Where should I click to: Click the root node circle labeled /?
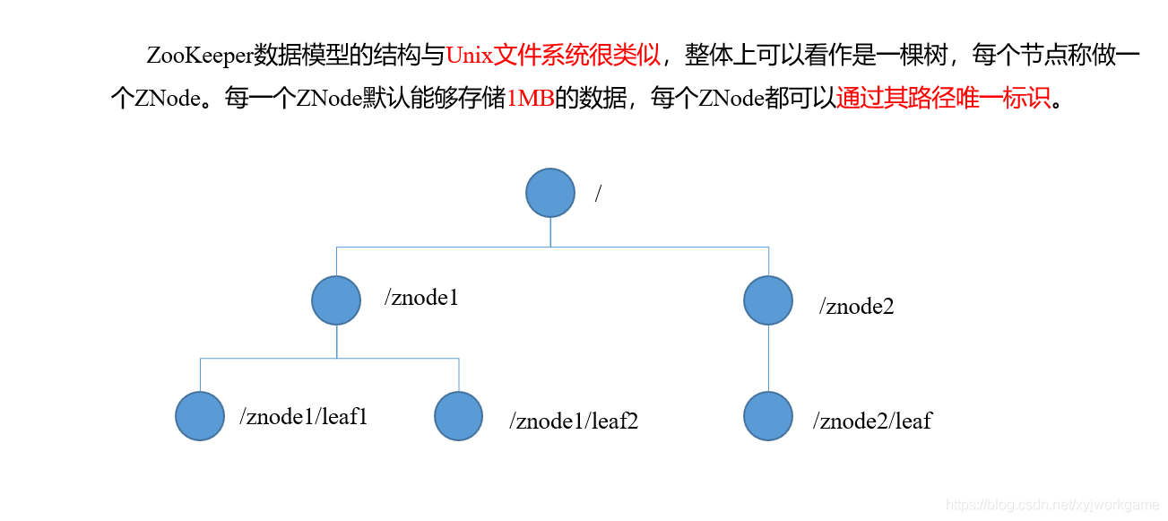[x=549, y=193]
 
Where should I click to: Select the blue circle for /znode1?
[x=336, y=300]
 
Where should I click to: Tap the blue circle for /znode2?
[x=768, y=300]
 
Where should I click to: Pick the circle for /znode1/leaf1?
[x=200, y=416]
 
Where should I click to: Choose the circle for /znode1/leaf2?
[x=459, y=416]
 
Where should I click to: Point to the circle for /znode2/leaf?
[x=768, y=416]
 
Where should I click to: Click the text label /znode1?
[x=421, y=298]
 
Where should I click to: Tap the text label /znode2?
[x=856, y=307]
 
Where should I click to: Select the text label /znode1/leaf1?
[x=304, y=416]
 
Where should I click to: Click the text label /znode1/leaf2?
[x=574, y=421]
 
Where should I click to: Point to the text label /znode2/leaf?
[x=872, y=420]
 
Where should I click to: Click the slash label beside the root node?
[x=598, y=194]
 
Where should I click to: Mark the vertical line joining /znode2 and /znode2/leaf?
[x=768, y=358]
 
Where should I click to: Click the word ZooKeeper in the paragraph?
[x=200, y=56]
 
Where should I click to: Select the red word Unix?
[x=469, y=56]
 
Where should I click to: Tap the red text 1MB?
[x=531, y=99]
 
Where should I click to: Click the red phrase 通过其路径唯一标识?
[x=942, y=98]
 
